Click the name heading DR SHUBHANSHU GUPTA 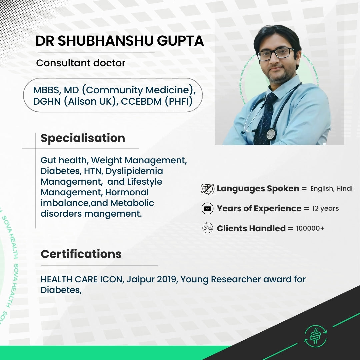[120, 41]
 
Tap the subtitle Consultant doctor [81, 63]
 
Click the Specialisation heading [83, 138]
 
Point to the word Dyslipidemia [134, 171]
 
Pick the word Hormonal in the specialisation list [127, 192]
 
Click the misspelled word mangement [113, 214]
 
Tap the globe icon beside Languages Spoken [207, 189]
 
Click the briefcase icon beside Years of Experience [207, 208]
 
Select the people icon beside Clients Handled [208, 228]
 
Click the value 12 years [325, 208]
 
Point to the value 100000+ [310, 228]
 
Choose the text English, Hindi [331, 188]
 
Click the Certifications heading [81, 254]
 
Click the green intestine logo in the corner [315, 336]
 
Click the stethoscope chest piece [271, 134]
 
